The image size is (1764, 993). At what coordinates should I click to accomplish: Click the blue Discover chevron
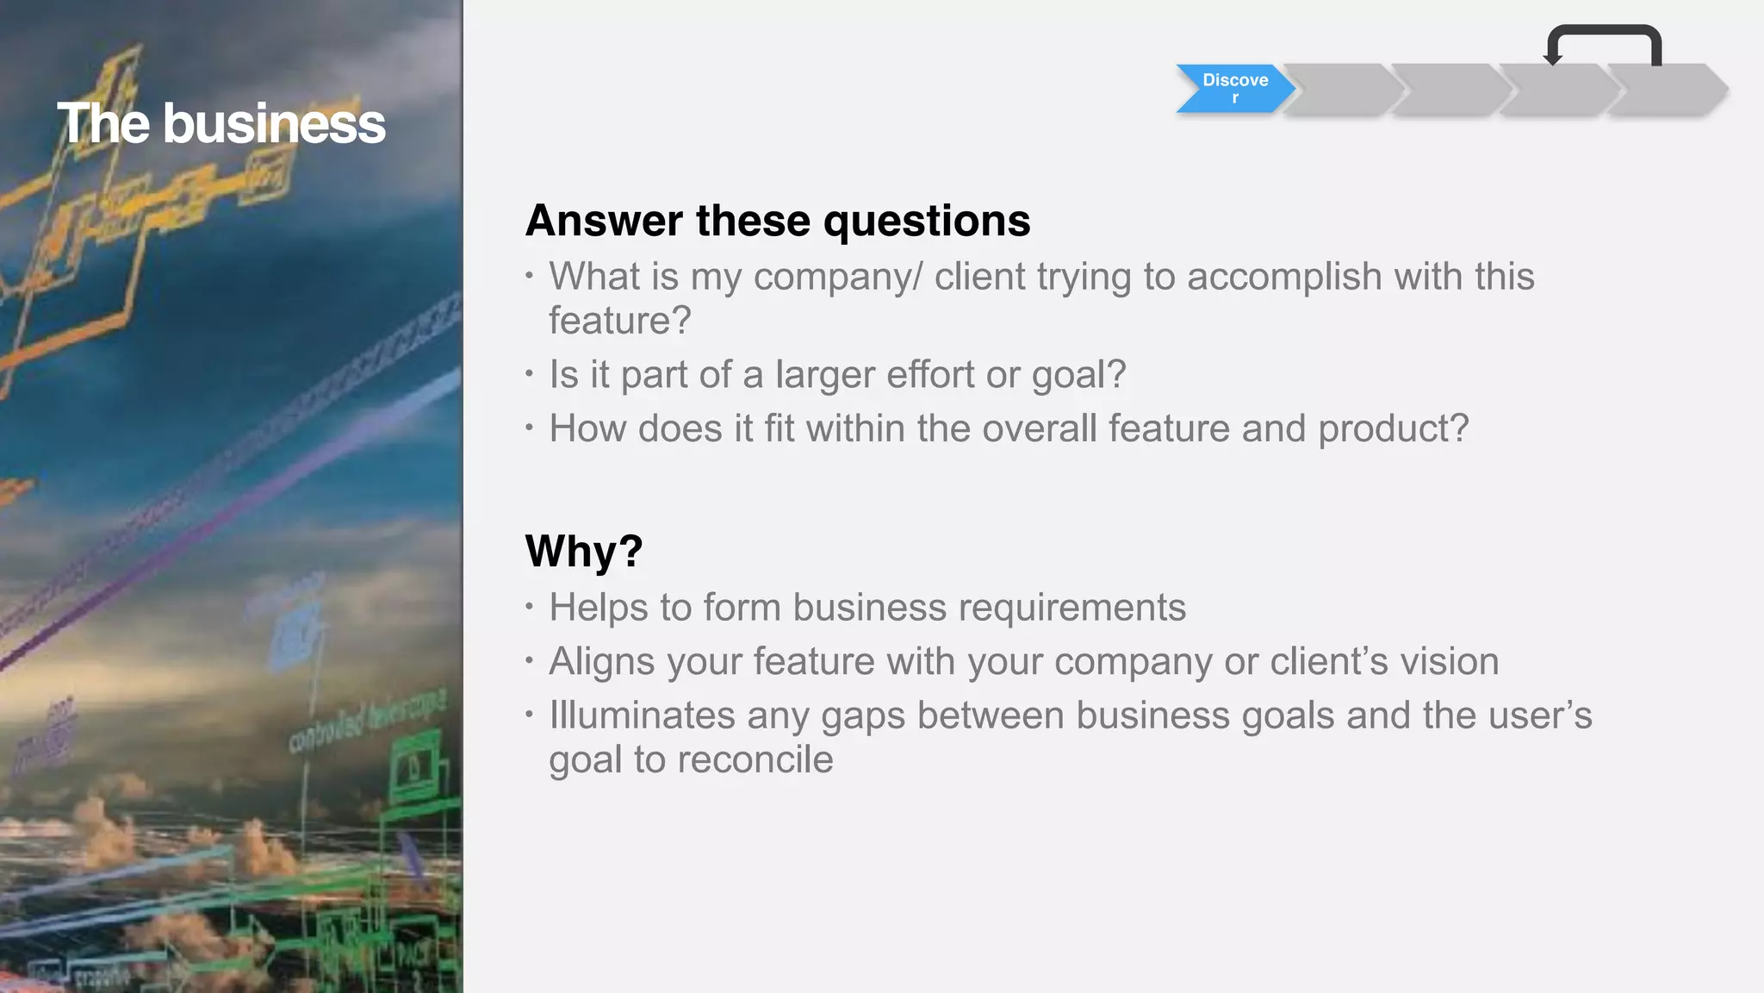tap(1234, 88)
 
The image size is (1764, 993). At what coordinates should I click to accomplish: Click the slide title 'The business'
tap(221, 123)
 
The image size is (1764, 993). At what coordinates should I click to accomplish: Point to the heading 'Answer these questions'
tap(777, 221)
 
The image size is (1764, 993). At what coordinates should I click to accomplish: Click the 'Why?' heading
tap(583, 551)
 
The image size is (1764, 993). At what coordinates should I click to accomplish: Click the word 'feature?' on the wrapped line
tap(620, 321)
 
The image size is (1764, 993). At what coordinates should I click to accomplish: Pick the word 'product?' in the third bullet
tap(1393, 428)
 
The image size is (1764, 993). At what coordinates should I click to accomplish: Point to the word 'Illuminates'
tap(642, 715)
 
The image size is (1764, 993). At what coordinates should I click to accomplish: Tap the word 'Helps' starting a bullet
tap(598, 608)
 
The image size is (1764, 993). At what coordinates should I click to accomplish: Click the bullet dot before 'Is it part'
tap(529, 374)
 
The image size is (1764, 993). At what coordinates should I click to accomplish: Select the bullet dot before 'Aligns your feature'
tap(529, 661)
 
